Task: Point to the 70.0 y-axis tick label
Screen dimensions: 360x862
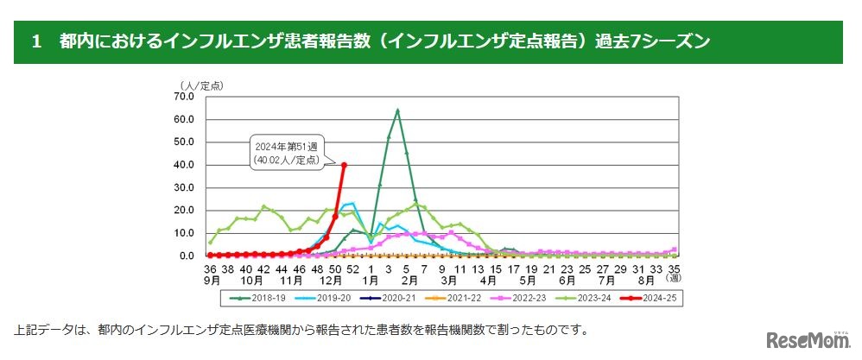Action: tap(184, 96)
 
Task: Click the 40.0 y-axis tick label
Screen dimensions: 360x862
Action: tap(184, 164)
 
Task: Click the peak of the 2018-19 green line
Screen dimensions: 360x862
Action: tap(397, 110)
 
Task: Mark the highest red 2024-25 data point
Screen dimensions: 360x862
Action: tap(345, 164)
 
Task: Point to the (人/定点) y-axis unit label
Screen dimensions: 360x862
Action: tap(200, 84)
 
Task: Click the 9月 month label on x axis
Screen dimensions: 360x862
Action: tap(211, 281)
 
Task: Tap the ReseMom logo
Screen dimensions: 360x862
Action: tap(802, 339)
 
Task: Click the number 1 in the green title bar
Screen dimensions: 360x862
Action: tap(35, 41)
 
